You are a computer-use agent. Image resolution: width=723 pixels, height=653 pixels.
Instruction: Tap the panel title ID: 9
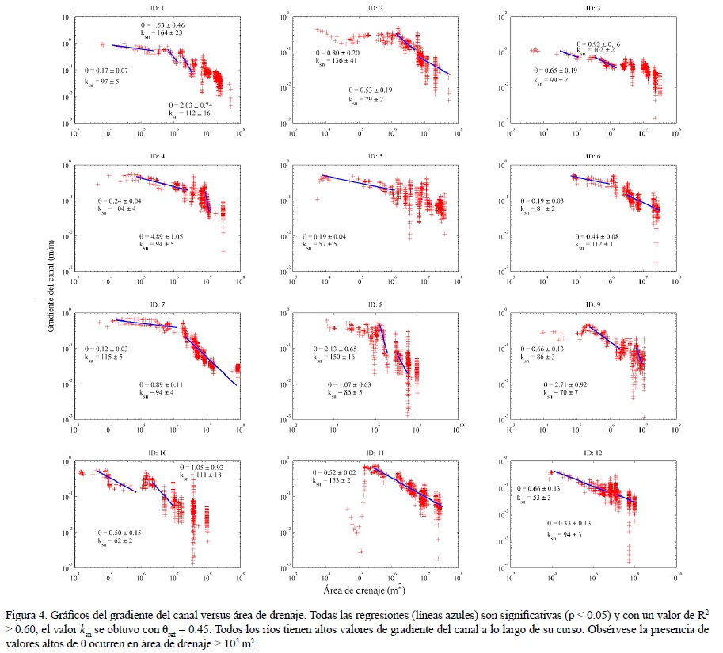588,304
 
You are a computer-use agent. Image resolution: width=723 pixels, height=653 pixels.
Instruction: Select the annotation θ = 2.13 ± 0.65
336,349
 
